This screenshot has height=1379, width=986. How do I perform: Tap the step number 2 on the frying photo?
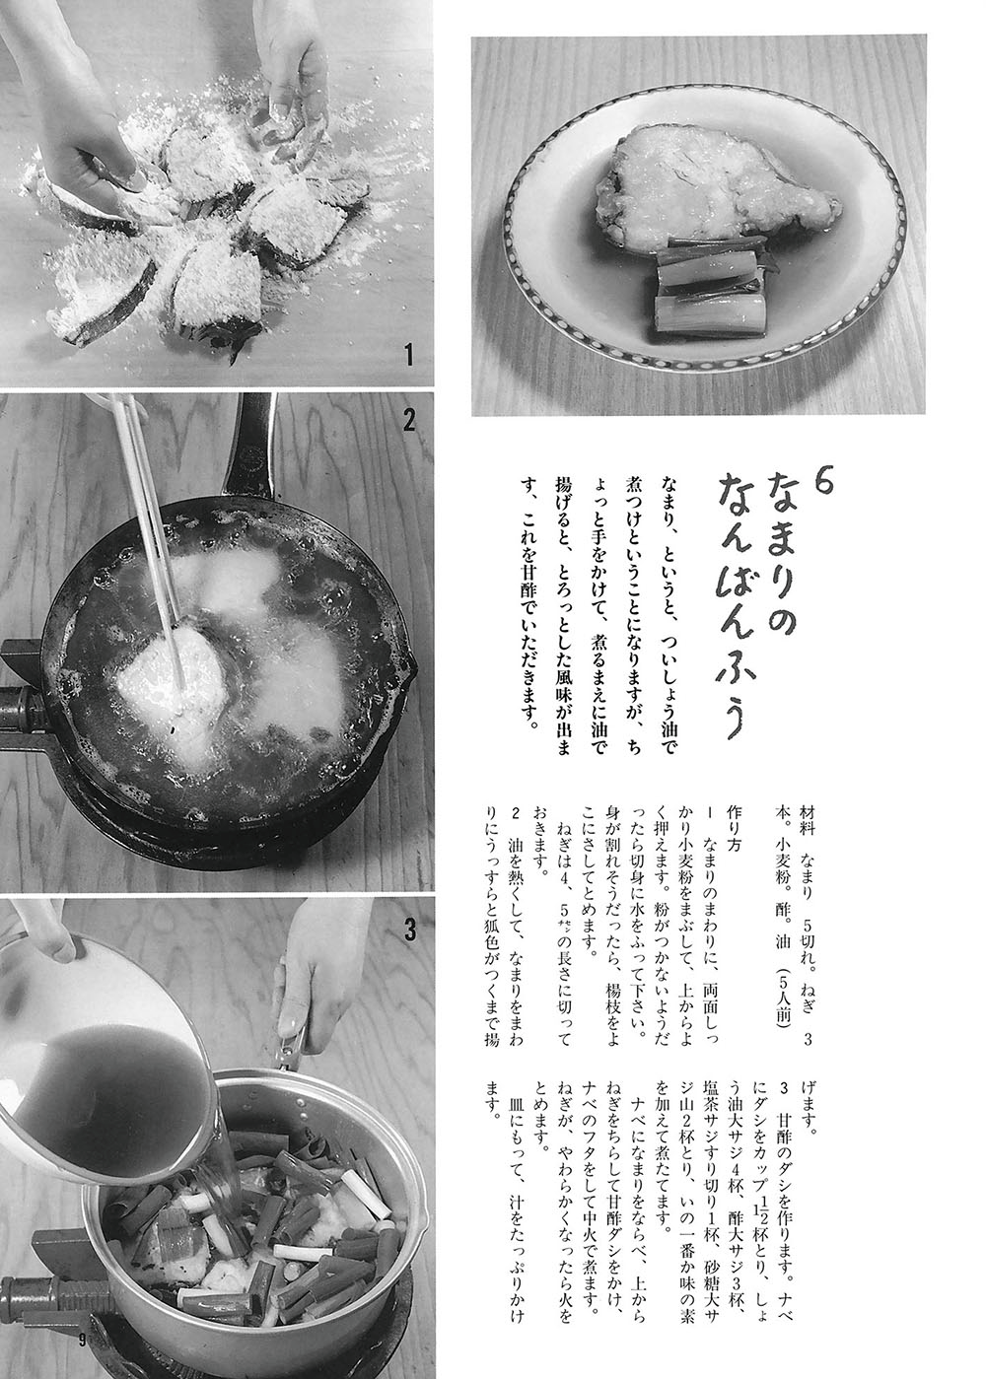point(409,420)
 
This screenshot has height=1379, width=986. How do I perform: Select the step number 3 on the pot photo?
point(411,931)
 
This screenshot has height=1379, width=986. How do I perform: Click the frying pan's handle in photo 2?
point(250,445)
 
